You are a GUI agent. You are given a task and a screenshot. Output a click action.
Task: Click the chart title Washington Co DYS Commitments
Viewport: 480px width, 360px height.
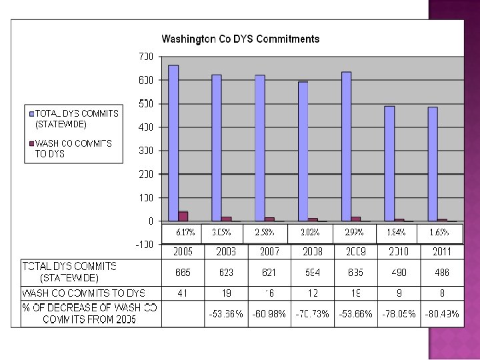(x=241, y=39)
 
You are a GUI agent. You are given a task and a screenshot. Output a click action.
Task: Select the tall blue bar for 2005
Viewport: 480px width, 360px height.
(x=173, y=143)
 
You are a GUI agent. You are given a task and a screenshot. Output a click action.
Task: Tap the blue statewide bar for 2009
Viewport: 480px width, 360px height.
(x=346, y=146)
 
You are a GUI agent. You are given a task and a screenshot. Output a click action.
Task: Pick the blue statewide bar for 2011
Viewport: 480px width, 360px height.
(x=433, y=163)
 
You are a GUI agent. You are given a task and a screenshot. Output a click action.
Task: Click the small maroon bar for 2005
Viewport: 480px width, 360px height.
(x=183, y=216)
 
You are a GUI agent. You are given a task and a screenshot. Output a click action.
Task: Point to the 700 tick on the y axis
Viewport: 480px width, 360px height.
(x=146, y=57)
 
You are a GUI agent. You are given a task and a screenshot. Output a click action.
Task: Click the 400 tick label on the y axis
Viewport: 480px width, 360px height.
(x=146, y=127)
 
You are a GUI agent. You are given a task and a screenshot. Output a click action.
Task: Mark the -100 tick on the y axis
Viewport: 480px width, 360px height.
(x=145, y=245)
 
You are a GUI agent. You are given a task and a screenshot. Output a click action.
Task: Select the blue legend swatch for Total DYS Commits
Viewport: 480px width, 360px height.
(x=31, y=113)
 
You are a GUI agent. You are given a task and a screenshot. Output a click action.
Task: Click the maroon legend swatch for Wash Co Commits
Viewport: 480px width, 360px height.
(x=31, y=143)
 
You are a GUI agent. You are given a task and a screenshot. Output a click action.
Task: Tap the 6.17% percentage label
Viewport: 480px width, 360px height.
(x=185, y=233)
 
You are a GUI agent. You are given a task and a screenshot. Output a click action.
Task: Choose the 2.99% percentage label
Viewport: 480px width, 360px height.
(x=354, y=233)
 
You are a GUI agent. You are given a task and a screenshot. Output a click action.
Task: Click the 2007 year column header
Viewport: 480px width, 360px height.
(x=269, y=252)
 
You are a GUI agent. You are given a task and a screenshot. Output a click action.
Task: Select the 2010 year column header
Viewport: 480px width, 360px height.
(x=399, y=252)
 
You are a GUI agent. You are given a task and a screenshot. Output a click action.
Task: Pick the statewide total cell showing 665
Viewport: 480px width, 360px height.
(x=183, y=273)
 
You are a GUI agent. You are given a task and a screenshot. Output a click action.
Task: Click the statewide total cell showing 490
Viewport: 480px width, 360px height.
(x=399, y=273)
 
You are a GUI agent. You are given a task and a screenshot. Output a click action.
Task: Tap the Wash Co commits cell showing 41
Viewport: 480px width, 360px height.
(x=183, y=293)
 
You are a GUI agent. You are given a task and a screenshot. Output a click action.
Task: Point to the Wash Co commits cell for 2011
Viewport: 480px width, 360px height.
(x=441, y=293)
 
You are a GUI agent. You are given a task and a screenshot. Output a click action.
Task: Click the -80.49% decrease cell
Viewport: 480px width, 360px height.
(x=441, y=314)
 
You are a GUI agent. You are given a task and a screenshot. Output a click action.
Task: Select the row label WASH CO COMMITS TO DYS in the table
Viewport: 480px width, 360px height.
(x=84, y=293)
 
